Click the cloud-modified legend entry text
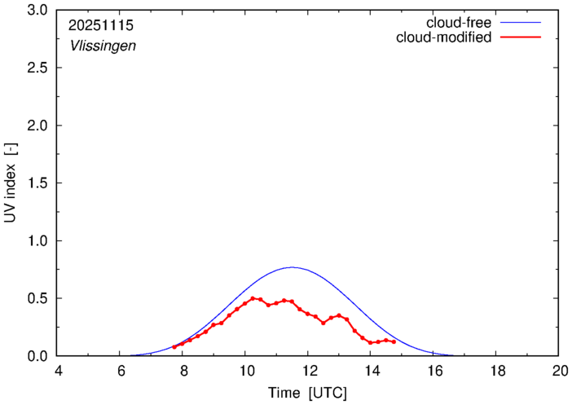pos(443,37)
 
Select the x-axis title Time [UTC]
pos(308,393)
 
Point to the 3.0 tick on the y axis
pos(37,11)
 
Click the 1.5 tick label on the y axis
pos(37,183)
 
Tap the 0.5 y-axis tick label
pos(37,298)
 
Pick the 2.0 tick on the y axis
pos(37,125)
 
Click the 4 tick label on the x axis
pos(58,371)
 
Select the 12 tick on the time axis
pos(308,371)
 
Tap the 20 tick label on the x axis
pos(558,371)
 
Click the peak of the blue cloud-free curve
pos(292,267)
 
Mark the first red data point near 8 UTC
pos(174,347)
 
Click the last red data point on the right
pos(394,342)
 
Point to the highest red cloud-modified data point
pos(253,298)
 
